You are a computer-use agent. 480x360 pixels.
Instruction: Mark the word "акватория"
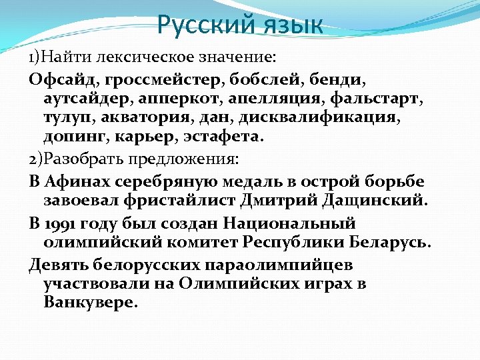tap(133, 119)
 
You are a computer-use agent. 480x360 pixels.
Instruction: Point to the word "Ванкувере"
tap(91, 302)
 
